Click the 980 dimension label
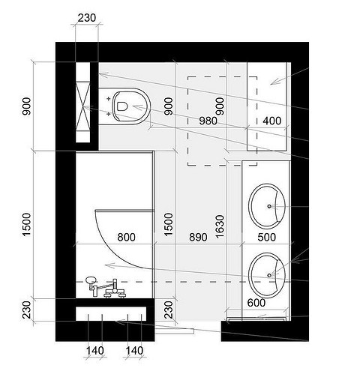click(x=208, y=121)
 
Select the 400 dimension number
click(x=272, y=121)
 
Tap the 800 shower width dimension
click(x=127, y=237)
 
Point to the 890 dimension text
click(x=198, y=237)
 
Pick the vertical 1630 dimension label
click(x=220, y=226)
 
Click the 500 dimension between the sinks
click(x=267, y=237)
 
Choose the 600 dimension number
click(x=256, y=303)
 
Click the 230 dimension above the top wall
click(x=87, y=18)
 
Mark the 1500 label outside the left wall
click(x=27, y=224)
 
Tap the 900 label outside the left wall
click(x=27, y=106)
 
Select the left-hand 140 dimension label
click(x=95, y=351)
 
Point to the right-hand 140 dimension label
click(x=134, y=351)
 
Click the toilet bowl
click(x=125, y=106)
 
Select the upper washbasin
click(x=267, y=206)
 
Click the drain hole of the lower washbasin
click(x=269, y=275)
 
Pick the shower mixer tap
click(x=114, y=289)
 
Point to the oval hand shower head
click(x=91, y=280)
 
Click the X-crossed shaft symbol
click(x=82, y=106)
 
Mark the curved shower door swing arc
click(x=114, y=250)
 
